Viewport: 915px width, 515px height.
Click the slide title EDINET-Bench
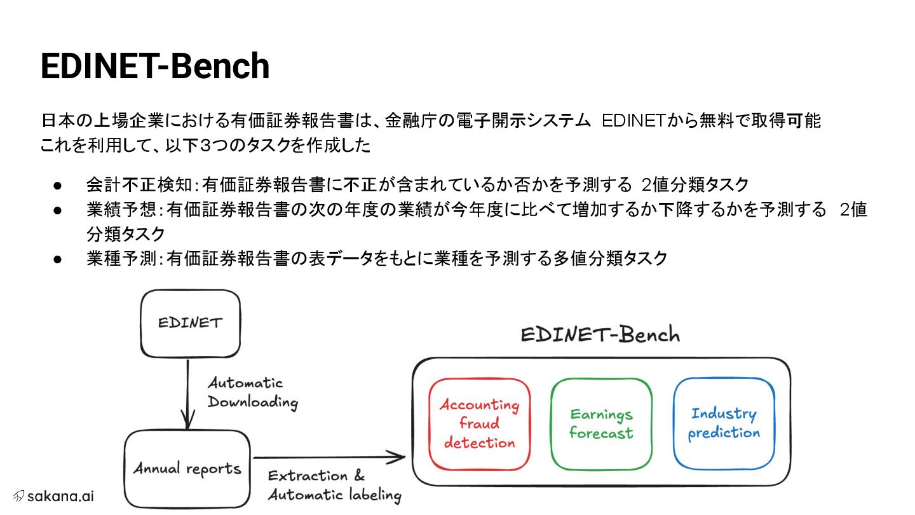tap(155, 66)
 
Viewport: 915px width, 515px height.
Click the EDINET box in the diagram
tap(190, 322)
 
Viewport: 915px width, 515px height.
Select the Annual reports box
tap(187, 469)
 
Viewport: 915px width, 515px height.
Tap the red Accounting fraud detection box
tap(479, 423)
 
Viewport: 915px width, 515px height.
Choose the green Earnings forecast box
tap(601, 423)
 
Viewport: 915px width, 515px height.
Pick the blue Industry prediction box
tap(724, 423)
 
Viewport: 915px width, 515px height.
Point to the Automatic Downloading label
tap(252, 392)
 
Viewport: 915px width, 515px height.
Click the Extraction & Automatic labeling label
tap(334, 486)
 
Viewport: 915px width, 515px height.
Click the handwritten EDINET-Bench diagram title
tap(600, 335)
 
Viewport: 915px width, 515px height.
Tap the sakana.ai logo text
tap(60, 496)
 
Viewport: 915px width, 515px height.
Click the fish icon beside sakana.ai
tap(18, 496)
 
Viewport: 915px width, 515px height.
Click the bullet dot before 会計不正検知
tap(57, 186)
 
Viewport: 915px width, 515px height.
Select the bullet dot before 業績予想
tap(57, 210)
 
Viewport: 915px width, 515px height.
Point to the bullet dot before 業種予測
tap(57, 259)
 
